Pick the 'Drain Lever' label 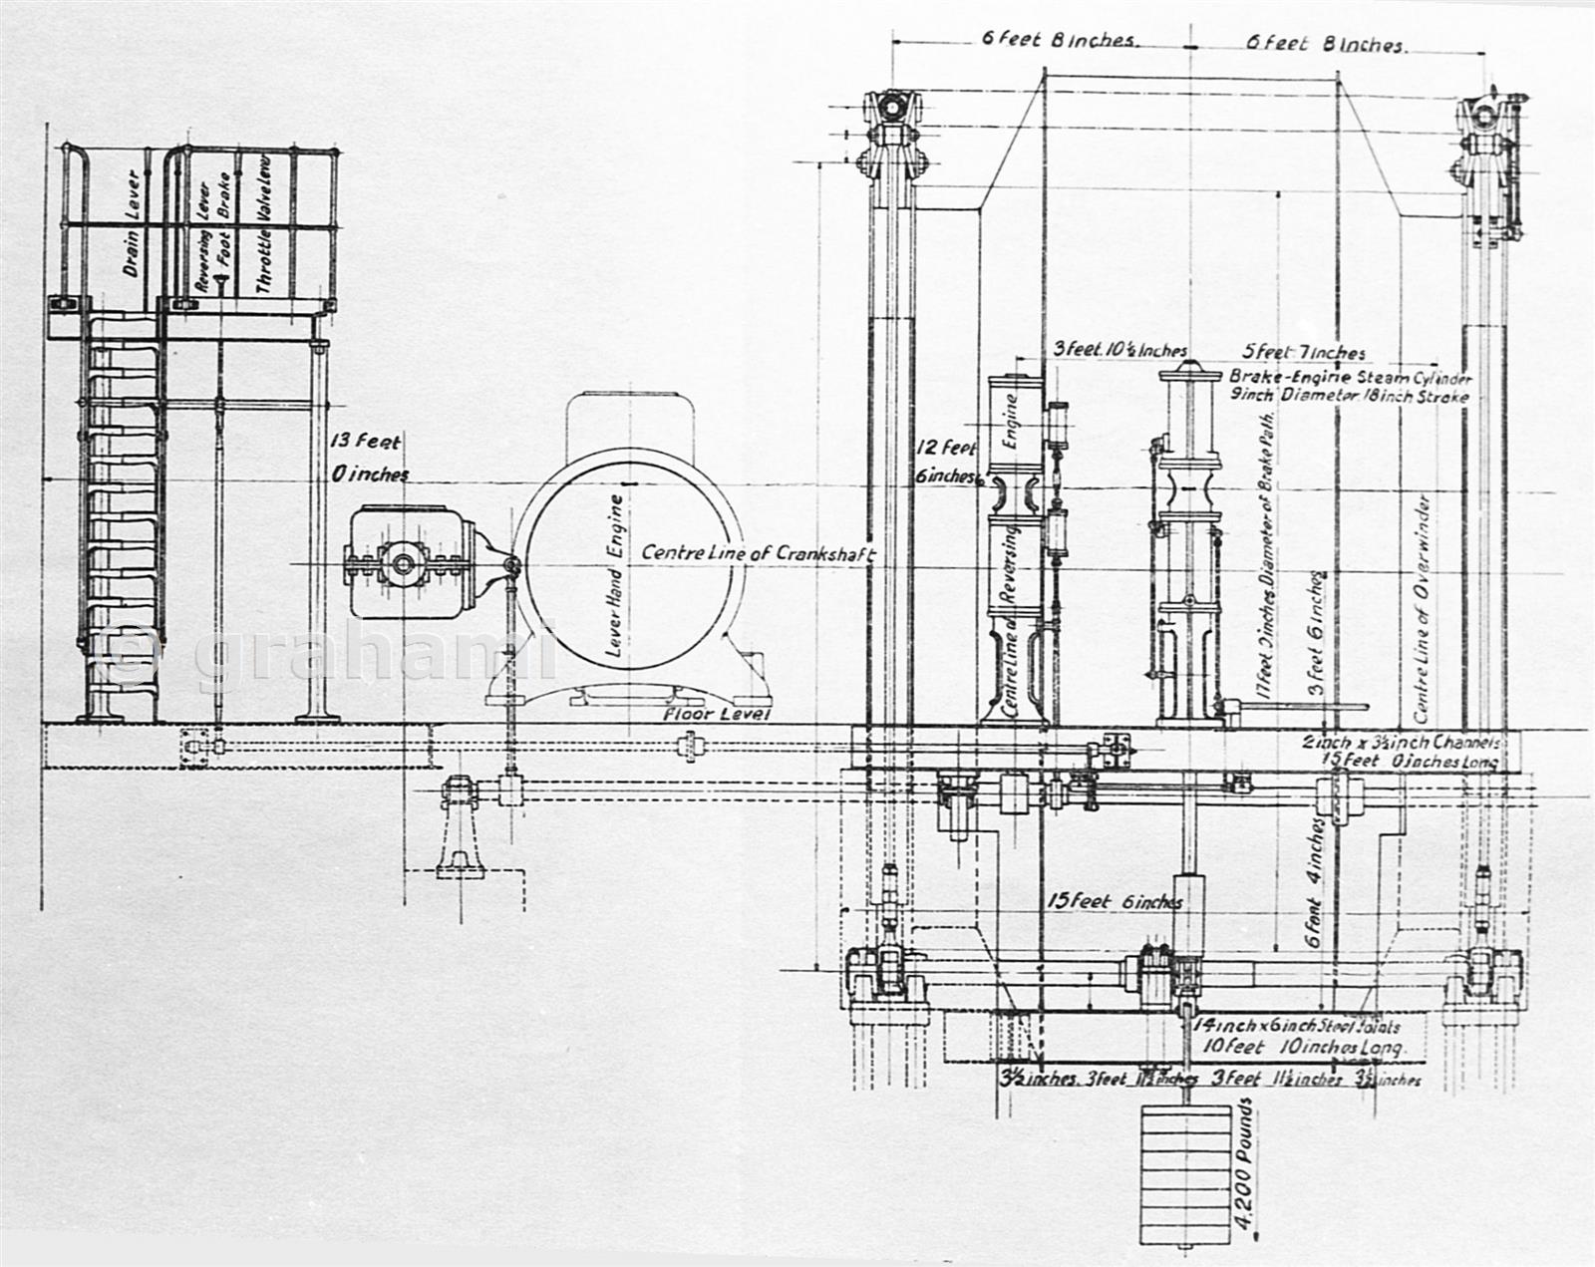click(131, 226)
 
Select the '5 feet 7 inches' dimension click(1304, 353)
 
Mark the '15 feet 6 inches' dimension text click(1115, 902)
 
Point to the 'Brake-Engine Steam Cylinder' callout click(1350, 379)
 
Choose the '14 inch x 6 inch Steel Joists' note click(1296, 1026)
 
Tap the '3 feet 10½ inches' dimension click(1120, 351)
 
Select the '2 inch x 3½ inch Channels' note click(1402, 743)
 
